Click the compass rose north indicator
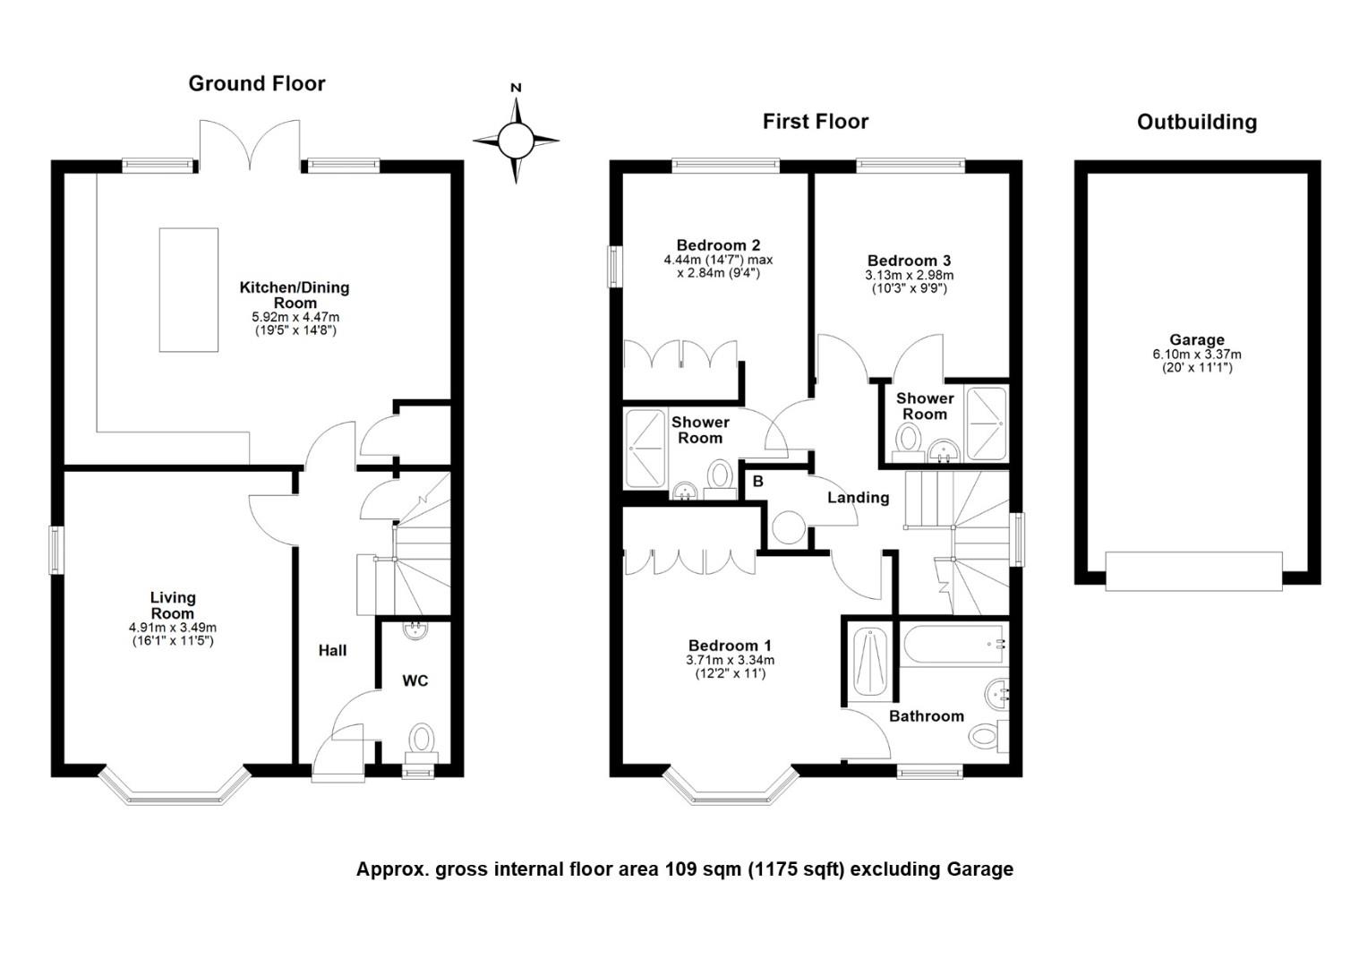[x=516, y=89]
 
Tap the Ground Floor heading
[x=257, y=84]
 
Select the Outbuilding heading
[x=1196, y=123]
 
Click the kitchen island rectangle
[x=189, y=290]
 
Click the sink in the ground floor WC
[x=415, y=630]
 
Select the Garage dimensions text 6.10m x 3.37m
[x=1196, y=355]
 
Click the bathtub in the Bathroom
[x=953, y=645]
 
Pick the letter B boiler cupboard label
[x=757, y=482]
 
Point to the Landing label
[x=858, y=498]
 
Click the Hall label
[x=332, y=651]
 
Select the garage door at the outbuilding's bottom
[x=1194, y=571]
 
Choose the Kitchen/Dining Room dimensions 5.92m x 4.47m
[x=295, y=317]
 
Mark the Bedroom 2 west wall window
[x=614, y=266]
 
